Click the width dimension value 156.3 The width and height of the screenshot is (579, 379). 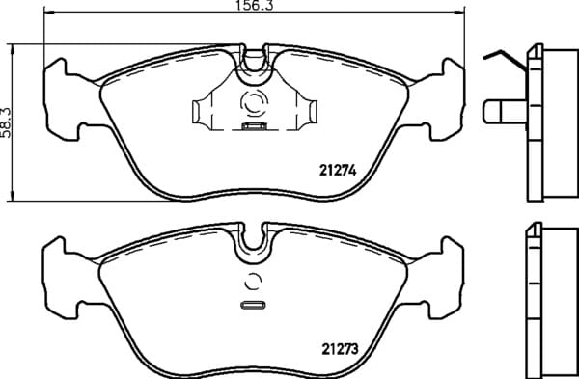coord(254,5)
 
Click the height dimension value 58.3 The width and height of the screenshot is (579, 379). coord(6,122)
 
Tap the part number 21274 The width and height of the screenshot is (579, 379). coord(338,170)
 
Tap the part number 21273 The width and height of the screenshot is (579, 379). coord(340,349)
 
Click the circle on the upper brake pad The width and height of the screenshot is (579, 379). coord(254,102)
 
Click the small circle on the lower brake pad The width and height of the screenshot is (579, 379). coord(253,283)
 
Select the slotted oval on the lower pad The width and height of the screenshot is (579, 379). coord(253,305)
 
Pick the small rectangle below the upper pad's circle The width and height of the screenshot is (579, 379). coord(255,126)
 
